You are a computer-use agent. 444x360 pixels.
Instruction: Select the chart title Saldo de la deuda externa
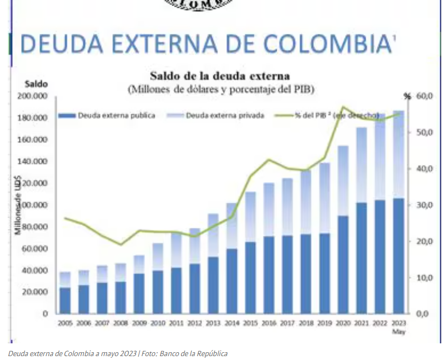coord(219,75)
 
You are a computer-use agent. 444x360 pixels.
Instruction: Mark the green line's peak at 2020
coord(343,107)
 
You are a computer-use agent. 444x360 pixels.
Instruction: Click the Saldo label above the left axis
coord(36,84)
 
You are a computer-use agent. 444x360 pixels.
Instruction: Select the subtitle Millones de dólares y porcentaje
coord(221,89)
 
